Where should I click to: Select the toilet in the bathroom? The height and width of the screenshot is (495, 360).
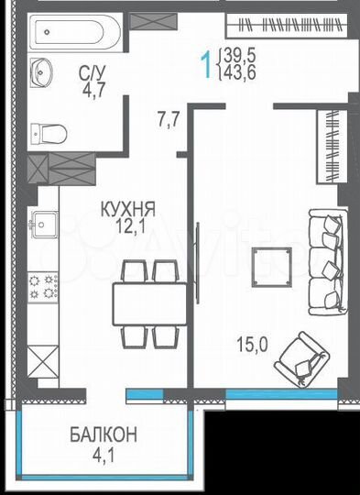(49, 134)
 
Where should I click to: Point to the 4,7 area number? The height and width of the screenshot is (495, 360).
(93, 90)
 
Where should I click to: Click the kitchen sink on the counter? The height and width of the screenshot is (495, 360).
(43, 222)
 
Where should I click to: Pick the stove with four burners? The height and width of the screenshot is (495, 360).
(42, 286)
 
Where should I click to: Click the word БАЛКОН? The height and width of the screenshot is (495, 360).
(103, 434)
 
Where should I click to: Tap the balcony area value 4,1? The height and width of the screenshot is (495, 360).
(103, 452)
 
